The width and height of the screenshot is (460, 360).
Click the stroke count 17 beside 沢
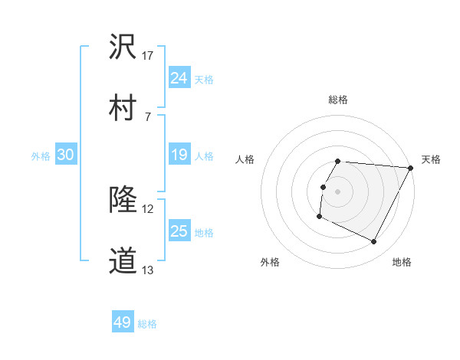148,56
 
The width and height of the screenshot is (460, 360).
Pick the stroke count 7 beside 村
148,116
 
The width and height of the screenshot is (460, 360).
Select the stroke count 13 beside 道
148,270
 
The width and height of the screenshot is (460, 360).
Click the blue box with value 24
179,78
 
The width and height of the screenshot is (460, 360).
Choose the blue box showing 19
179,155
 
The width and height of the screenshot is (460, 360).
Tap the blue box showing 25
179,232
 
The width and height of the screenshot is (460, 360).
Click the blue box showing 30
66,155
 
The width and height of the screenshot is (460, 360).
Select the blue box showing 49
123,322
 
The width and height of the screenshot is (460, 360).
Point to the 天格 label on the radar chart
431,159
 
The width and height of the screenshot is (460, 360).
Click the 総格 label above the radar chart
338,100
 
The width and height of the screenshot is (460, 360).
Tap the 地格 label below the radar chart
402,262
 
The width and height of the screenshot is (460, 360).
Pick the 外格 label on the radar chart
270,262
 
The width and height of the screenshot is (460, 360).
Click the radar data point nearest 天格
411,167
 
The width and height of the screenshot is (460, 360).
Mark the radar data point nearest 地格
374,242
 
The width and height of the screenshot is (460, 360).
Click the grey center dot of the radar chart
338,190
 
